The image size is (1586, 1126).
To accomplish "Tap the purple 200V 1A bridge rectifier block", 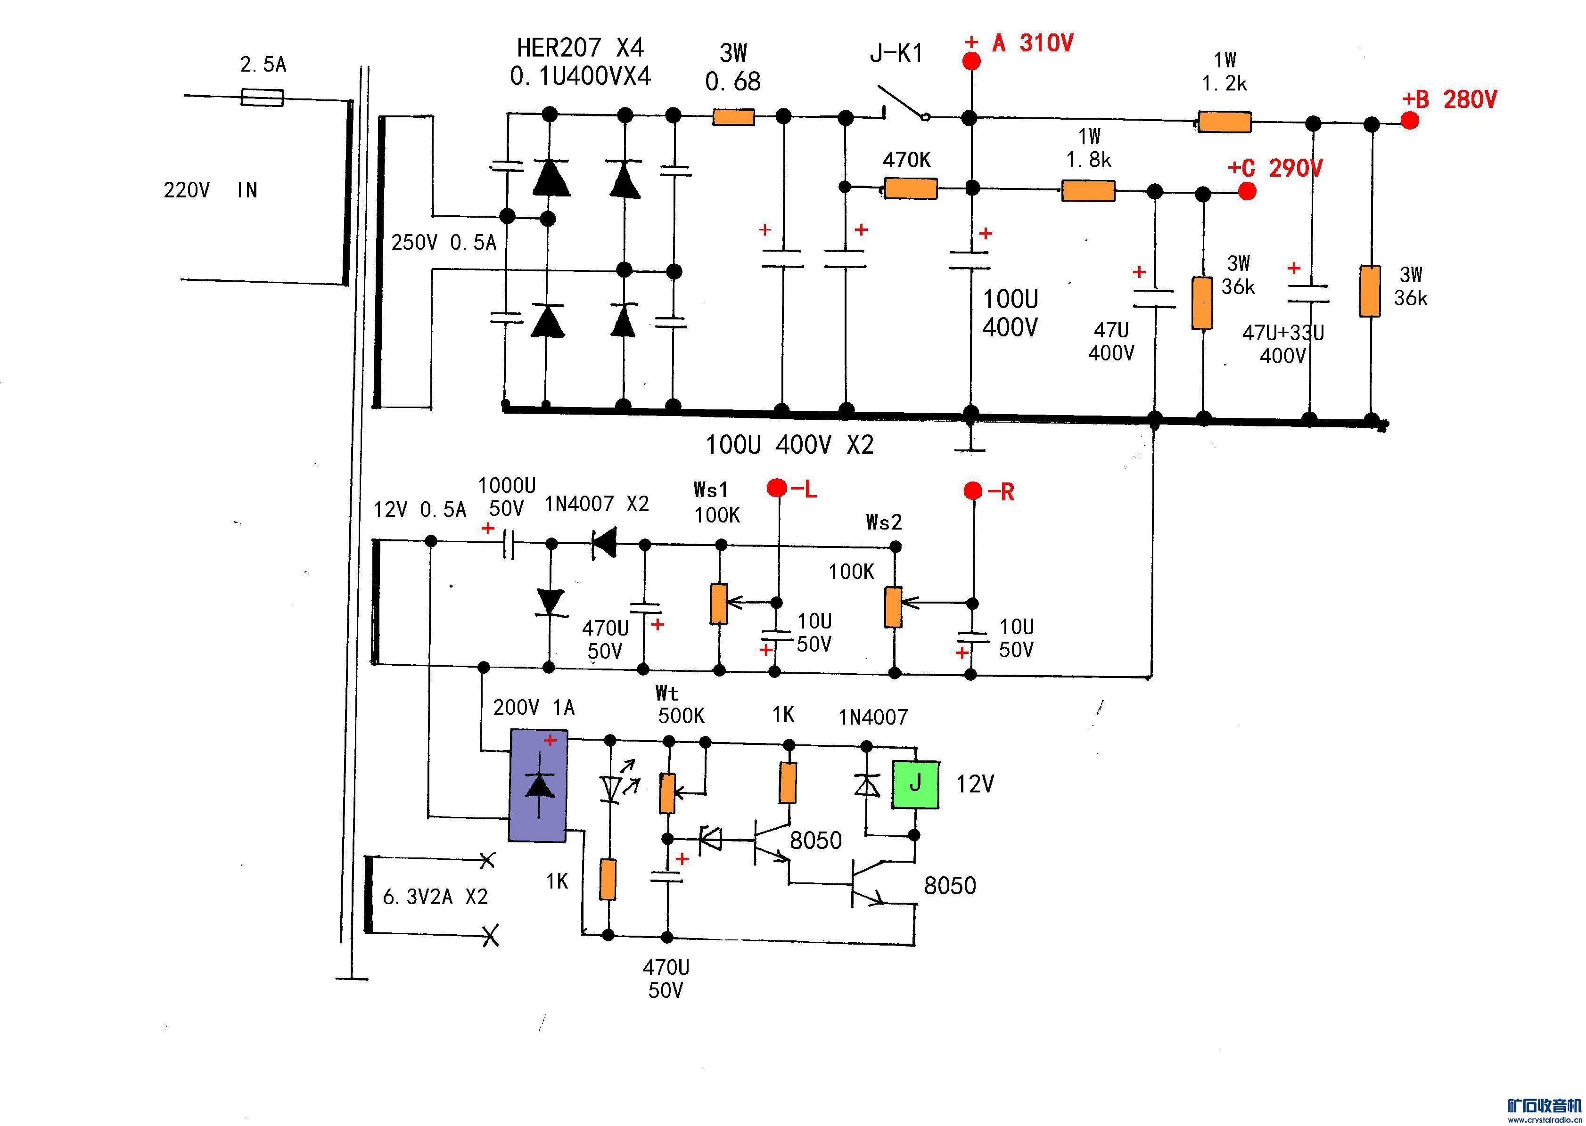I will click(539, 785).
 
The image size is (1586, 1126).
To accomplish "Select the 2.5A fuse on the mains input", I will click(262, 97).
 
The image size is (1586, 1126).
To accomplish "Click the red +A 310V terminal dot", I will click(971, 61).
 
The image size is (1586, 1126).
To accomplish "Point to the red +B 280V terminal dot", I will click(1410, 121).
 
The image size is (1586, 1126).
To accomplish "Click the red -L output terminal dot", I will click(777, 488).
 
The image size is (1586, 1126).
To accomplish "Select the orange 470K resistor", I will click(911, 188).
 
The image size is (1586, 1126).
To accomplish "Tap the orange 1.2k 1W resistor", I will click(1224, 122).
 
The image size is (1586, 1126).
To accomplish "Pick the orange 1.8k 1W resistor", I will click(1088, 191).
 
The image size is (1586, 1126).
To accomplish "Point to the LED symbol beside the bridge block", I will click(611, 788).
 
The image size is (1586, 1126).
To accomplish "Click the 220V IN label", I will click(210, 190).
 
